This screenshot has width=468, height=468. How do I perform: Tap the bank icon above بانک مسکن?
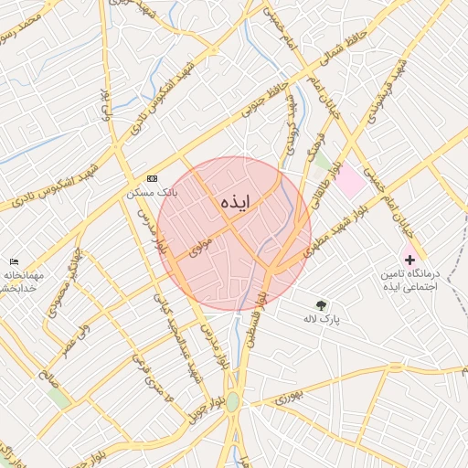[x=152, y=178]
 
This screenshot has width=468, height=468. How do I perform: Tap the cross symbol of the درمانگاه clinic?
[x=409, y=261]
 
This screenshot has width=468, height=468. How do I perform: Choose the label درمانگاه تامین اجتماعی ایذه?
[x=409, y=280]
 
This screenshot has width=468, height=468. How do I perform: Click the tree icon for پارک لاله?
[x=321, y=305]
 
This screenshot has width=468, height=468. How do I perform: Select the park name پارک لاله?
[x=321, y=320]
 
